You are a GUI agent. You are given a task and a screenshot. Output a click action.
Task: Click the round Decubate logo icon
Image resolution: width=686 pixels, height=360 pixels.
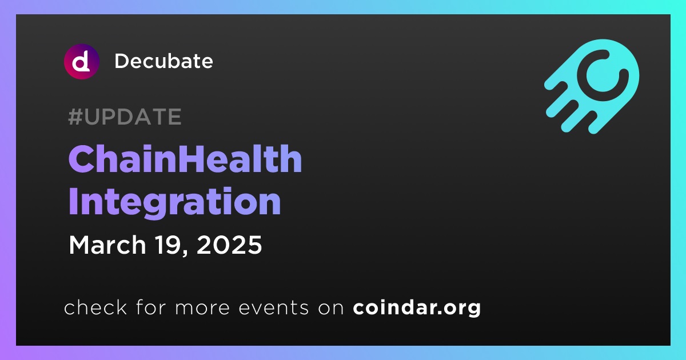coord(81,62)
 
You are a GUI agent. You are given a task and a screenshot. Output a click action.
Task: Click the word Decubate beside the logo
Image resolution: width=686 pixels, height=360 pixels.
coord(163,61)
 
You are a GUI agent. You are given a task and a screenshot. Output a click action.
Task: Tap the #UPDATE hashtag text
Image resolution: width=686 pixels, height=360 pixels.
coord(125,117)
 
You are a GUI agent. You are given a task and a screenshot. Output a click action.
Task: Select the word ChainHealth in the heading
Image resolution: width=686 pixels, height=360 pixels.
coord(185,159)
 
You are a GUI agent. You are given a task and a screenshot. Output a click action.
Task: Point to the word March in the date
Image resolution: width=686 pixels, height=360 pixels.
coord(107,245)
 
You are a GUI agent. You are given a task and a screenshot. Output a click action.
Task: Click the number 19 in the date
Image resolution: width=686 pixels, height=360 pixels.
coord(167,245)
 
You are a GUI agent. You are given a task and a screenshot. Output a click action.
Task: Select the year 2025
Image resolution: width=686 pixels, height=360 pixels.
coord(229,245)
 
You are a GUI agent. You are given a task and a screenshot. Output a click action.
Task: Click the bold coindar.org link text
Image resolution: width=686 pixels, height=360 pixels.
coord(417,307)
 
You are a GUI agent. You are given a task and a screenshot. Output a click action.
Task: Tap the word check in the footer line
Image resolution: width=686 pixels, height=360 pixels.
coord(95,307)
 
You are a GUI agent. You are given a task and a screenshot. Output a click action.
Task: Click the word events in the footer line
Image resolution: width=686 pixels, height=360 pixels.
coord(274,308)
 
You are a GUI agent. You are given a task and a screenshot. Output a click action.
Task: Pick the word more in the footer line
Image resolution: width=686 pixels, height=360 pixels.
coord(202,308)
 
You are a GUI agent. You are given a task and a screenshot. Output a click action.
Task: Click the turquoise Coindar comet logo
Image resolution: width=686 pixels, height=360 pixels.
coord(592,86)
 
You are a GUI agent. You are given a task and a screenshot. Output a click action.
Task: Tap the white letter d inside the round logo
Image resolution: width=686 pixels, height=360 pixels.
coord(81,62)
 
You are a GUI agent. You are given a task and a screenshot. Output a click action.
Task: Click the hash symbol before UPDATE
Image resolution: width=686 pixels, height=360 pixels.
coord(75,117)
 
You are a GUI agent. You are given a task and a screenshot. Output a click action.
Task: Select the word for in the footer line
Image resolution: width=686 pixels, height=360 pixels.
coord(151,307)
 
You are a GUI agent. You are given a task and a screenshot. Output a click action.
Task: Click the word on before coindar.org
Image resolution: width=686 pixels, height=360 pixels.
coord(331,308)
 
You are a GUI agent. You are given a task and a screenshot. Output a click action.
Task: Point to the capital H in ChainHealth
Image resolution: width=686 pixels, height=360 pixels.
coord(196,159)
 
